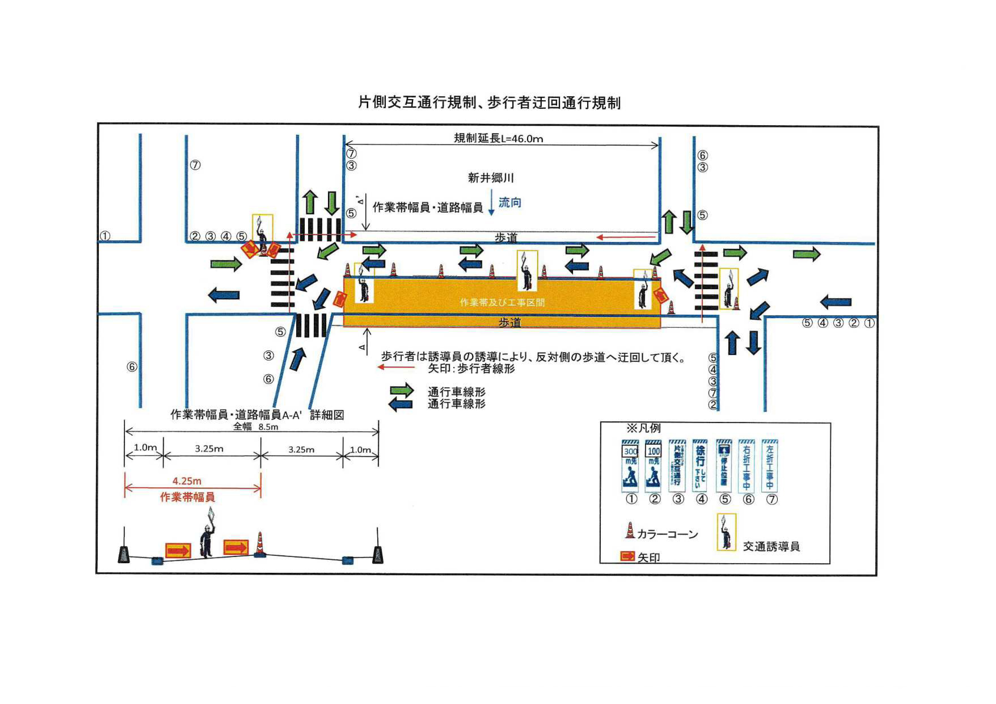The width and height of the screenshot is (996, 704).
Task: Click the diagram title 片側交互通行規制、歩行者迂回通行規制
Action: click(489, 103)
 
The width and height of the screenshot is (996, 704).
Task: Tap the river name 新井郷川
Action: click(491, 178)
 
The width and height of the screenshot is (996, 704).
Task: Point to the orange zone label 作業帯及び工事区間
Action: click(502, 302)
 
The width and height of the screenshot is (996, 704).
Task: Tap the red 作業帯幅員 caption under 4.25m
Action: click(187, 497)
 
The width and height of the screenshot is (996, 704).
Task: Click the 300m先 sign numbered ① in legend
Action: click(630, 466)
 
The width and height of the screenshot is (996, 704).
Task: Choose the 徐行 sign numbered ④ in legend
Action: click(701, 466)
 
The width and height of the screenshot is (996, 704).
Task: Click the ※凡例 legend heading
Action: click(643, 429)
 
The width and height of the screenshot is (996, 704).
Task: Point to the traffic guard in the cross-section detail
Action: click(207, 541)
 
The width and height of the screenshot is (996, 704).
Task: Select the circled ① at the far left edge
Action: click(105, 236)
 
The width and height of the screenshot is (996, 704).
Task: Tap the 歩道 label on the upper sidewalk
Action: click(506, 237)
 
